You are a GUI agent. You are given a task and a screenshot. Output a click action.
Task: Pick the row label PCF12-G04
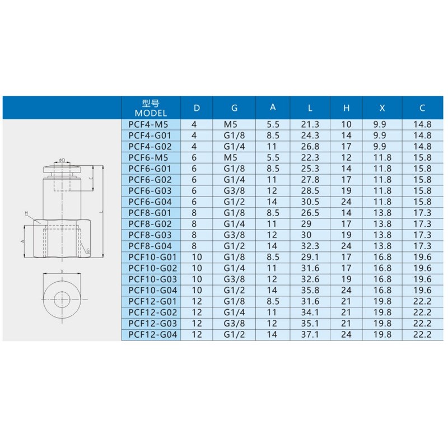click(x=153, y=334)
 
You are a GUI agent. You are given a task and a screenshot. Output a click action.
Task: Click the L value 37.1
click(x=310, y=334)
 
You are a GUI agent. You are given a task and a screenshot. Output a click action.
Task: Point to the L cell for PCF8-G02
click(x=310, y=224)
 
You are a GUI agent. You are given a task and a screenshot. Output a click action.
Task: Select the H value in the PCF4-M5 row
click(x=346, y=124)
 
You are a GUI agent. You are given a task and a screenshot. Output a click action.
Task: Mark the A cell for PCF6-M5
click(x=273, y=157)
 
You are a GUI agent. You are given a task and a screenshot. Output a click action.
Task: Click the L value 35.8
click(x=310, y=290)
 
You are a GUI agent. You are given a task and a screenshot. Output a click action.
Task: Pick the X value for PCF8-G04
click(x=382, y=246)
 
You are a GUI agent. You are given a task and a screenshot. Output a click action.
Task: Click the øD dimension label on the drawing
click(x=62, y=161)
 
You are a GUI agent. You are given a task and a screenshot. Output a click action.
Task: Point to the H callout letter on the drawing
click(x=26, y=213)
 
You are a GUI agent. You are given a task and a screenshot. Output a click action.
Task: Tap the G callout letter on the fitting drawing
click(x=88, y=250)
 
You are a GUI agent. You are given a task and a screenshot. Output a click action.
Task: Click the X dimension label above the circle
click(x=62, y=270)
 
